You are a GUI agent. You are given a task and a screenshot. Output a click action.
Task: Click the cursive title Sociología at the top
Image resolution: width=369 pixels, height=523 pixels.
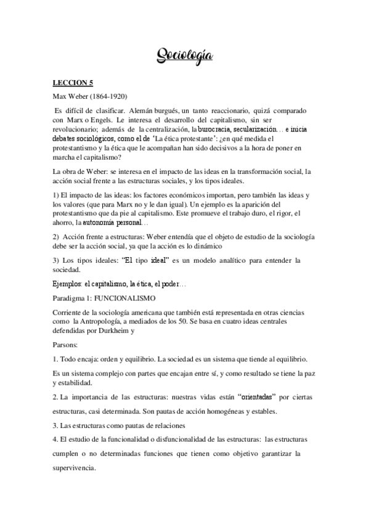184,57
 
